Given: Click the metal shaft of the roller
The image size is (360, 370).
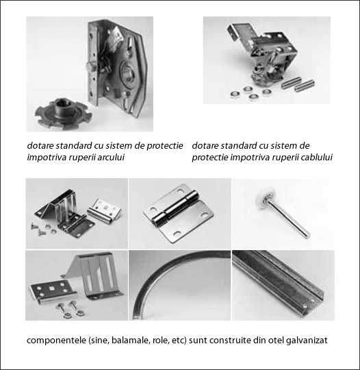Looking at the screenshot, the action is click(x=287, y=219).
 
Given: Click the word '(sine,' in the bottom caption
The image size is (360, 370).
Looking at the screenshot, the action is click(x=99, y=341).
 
